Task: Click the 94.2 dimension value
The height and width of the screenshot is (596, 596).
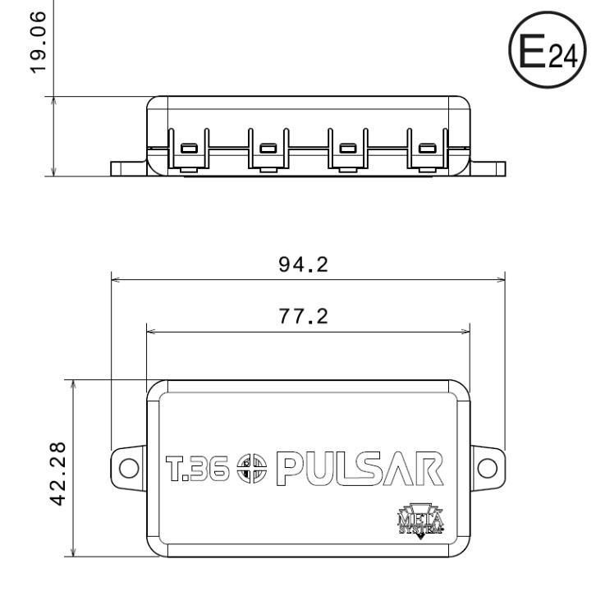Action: (303, 264)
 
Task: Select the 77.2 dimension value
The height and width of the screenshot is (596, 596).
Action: (303, 316)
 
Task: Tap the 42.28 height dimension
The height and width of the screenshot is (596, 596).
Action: (58, 474)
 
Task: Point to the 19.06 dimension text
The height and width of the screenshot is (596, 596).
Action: (38, 42)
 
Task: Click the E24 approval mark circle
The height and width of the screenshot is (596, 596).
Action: (548, 50)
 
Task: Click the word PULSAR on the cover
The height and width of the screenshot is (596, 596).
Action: (360, 469)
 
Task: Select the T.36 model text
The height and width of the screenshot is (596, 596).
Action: (198, 468)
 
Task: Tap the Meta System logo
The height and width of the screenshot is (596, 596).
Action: (421, 520)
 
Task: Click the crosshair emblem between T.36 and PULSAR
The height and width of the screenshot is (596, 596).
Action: (252, 468)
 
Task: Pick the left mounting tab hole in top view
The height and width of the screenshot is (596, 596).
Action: (129, 468)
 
